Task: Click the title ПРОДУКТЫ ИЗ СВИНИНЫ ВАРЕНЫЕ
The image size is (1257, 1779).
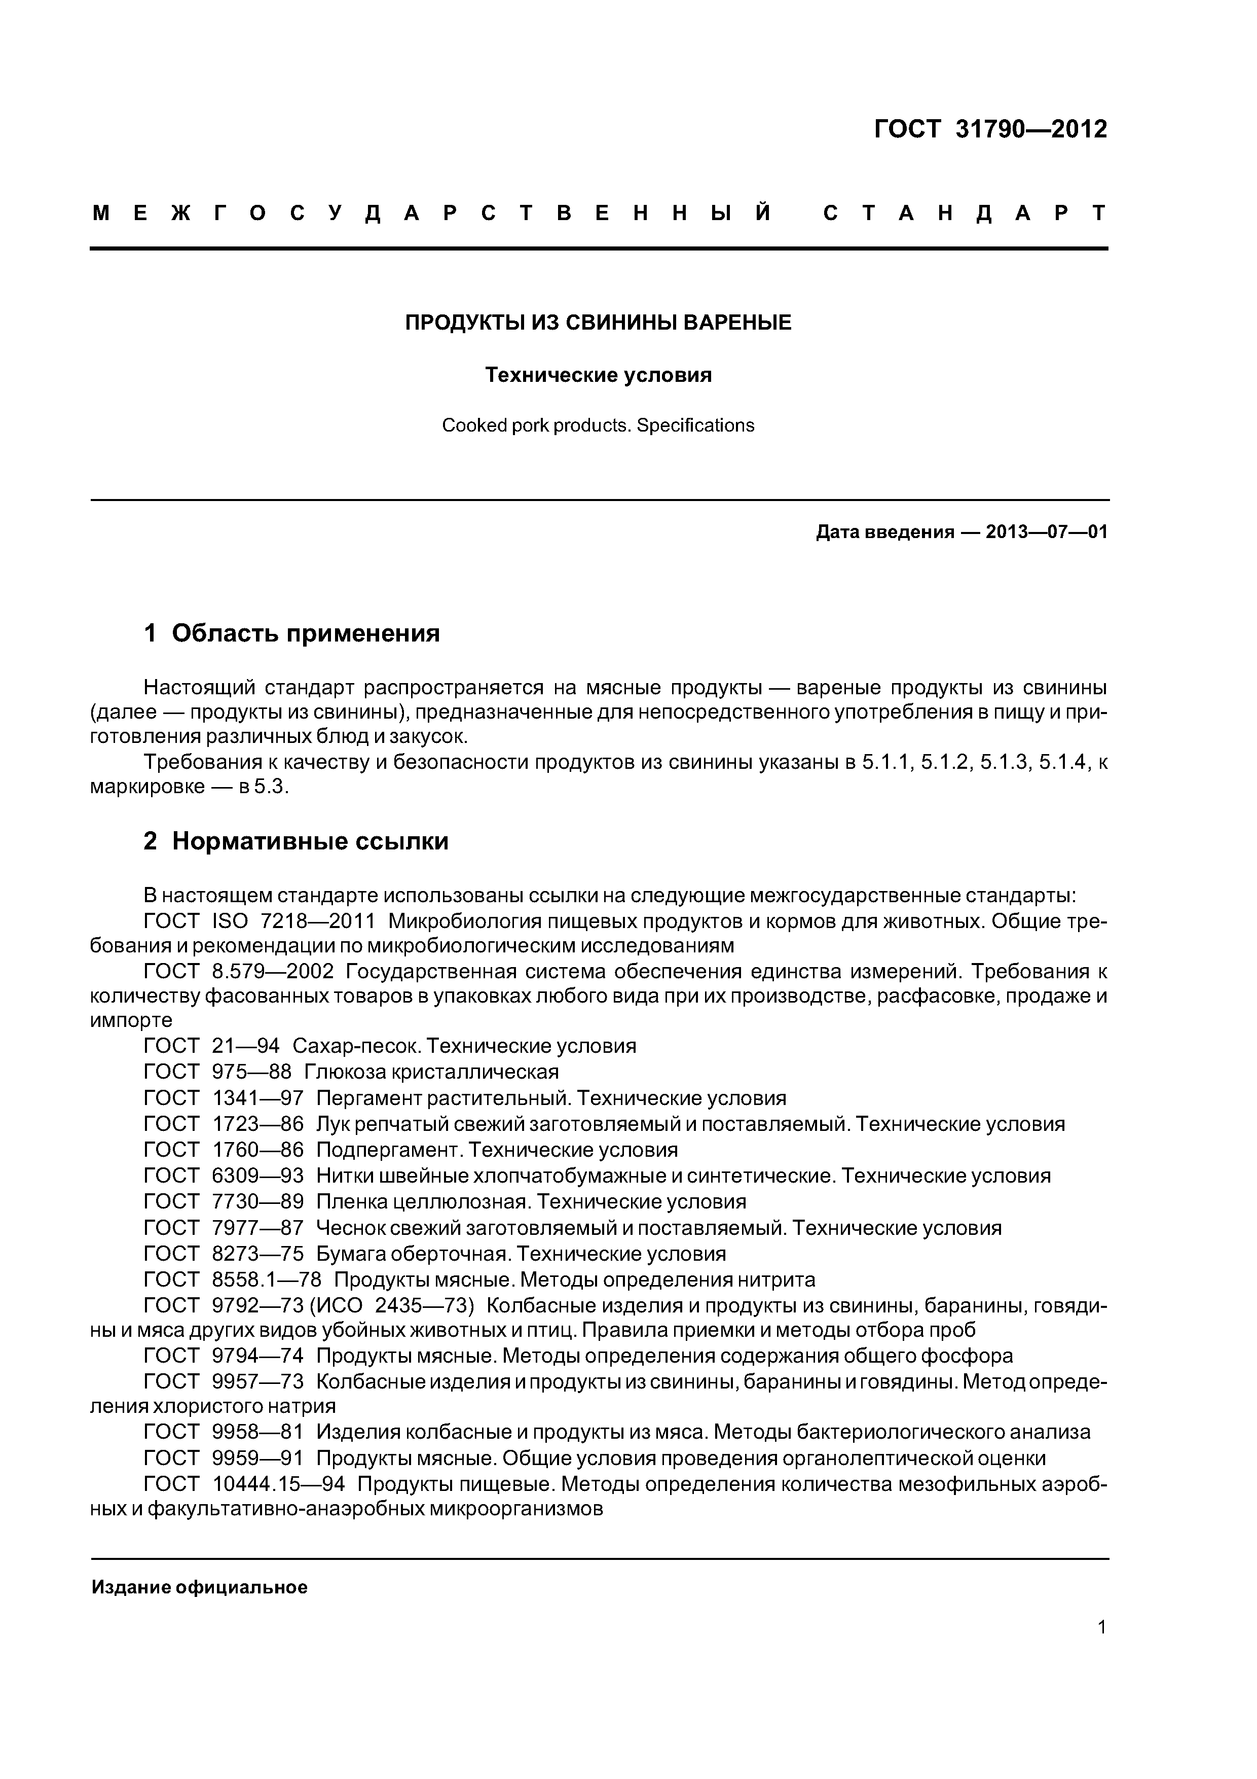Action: click(x=598, y=323)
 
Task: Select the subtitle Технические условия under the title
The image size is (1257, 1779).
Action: click(x=598, y=375)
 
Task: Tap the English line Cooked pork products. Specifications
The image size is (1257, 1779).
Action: click(x=598, y=425)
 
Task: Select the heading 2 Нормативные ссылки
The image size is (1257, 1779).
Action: click(x=296, y=841)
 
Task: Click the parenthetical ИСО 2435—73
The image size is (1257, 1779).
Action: click(x=391, y=1305)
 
